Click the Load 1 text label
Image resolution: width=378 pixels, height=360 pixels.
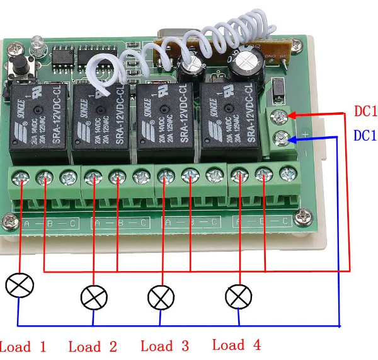(23, 346)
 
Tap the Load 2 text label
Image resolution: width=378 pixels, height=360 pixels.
(93, 346)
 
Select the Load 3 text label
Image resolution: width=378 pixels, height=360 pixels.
(164, 345)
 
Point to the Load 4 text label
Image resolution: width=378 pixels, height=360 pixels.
(236, 344)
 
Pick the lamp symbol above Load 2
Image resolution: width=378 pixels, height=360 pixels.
(94, 297)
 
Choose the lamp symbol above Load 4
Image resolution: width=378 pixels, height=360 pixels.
(239, 295)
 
